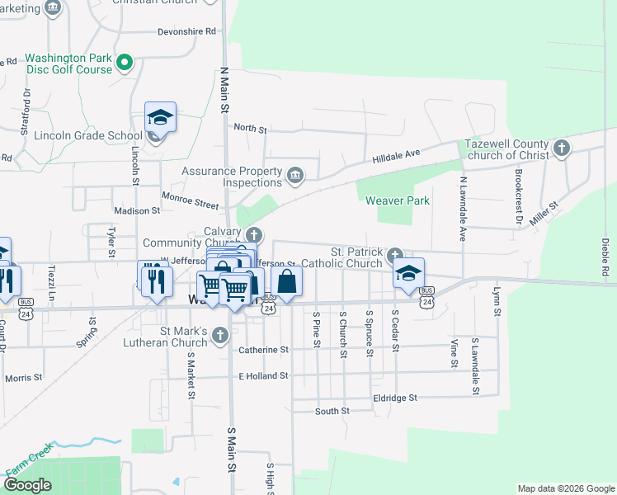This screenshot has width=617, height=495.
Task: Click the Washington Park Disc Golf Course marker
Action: [x=125, y=61]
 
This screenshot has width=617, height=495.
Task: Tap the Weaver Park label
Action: [x=394, y=200]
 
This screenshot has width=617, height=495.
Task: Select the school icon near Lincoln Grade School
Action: [x=161, y=118]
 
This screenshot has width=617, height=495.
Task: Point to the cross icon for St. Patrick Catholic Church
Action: [x=395, y=254]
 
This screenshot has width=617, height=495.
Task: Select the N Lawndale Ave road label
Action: [x=463, y=202]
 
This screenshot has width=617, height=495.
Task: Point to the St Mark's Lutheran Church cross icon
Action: [x=219, y=335]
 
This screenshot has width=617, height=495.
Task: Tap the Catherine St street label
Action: [x=263, y=350]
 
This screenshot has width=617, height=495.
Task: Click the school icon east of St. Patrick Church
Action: [x=408, y=274]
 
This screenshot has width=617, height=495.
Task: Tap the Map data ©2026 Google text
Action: [x=565, y=488]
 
